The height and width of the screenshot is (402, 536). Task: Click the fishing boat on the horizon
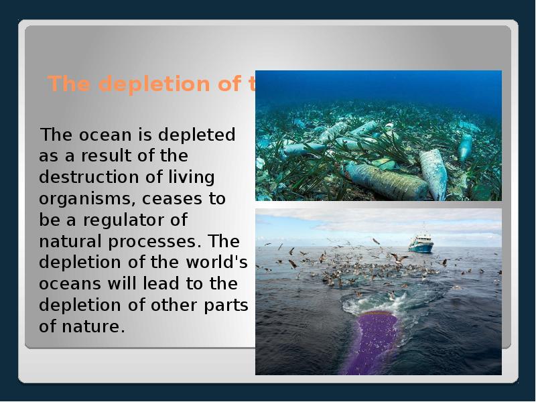421,243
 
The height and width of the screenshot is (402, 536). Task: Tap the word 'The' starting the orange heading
64,84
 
